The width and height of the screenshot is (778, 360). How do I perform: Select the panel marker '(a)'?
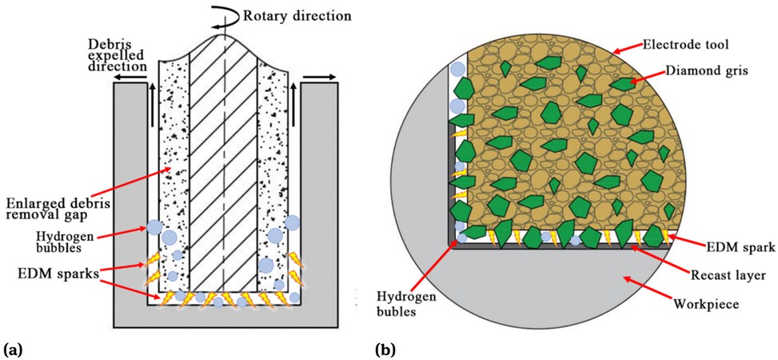(13, 349)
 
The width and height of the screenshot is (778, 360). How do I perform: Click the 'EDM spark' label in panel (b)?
(740, 249)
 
